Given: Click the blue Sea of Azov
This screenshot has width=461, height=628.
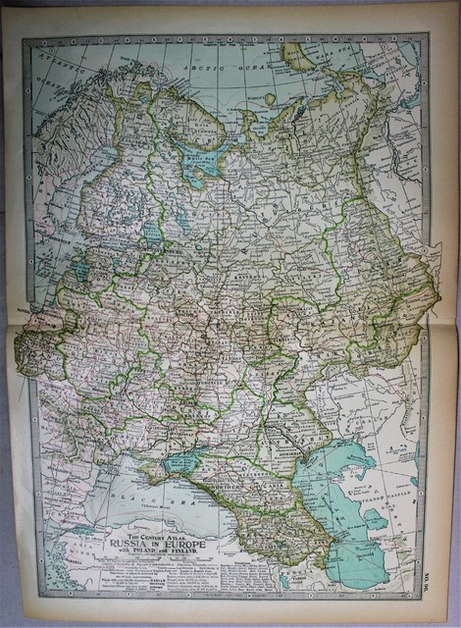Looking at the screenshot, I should pyautogui.click(x=181, y=461).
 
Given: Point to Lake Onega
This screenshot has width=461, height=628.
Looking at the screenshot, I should pyautogui.click(x=183, y=221).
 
